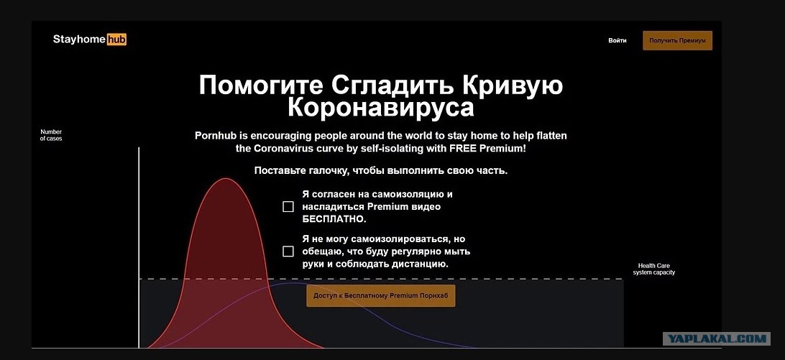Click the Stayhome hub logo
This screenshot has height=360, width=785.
[90, 40]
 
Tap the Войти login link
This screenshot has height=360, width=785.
[618, 40]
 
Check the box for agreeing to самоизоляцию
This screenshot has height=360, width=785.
[288, 207]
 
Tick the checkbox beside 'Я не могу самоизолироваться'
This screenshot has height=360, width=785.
[288, 251]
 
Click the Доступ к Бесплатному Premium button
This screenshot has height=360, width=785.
[381, 296]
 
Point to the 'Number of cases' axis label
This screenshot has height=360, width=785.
[51, 135]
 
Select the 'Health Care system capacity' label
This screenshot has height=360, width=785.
[654, 269]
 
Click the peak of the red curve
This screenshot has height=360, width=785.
[226, 178]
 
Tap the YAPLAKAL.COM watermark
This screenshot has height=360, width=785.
[717, 339]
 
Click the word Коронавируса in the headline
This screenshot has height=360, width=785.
[380, 108]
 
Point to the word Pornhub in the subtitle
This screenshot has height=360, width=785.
[217, 136]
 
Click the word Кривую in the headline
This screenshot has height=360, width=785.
[512, 85]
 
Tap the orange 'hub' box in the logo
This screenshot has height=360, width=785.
[116, 40]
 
